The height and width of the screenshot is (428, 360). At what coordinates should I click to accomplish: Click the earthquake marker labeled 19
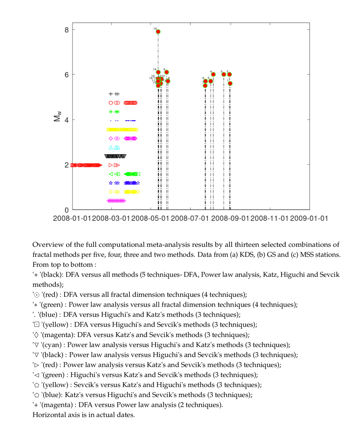pos(158,32)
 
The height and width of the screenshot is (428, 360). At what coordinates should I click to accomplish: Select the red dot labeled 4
pos(213,75)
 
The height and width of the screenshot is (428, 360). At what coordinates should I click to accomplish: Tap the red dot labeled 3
pos(224,74)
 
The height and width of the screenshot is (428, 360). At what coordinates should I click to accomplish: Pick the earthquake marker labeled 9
pos(166,72)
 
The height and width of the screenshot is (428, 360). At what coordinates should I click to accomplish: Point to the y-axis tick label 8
pos(66,30)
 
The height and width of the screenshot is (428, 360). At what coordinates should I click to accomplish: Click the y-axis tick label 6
pos(66,75)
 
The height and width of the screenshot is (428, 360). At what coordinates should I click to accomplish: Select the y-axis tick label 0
pos(66,210)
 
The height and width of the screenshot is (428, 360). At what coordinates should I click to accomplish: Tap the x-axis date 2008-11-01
pos(269,218)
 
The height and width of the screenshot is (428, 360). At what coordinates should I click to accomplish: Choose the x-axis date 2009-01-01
pos(309,218)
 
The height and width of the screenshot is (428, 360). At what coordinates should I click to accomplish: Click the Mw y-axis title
pos(57,116)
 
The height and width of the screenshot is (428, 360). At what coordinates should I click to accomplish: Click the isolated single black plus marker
pos(111,94)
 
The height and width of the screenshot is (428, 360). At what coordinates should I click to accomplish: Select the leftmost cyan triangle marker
pos(111,148)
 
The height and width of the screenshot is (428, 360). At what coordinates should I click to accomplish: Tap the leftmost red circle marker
pos(111,103)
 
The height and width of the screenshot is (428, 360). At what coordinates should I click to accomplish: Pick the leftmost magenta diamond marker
pos(111,138)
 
